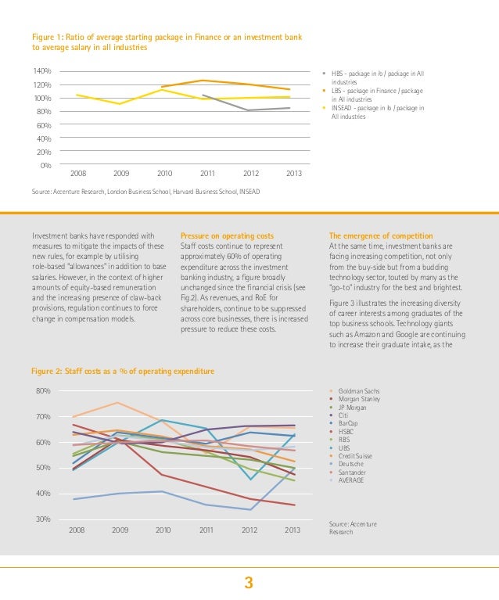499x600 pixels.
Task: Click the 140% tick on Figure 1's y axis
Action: pos(42,70)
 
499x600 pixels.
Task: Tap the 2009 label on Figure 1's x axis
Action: pos(121,173)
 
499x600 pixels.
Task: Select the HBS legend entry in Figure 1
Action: pos(376,77)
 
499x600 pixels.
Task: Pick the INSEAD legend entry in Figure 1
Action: pos(378,112)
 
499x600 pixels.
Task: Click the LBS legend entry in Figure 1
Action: pos(376,95)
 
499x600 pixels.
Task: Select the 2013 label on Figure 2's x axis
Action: pos(293,530)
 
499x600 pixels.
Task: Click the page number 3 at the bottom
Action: pos(249,582)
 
